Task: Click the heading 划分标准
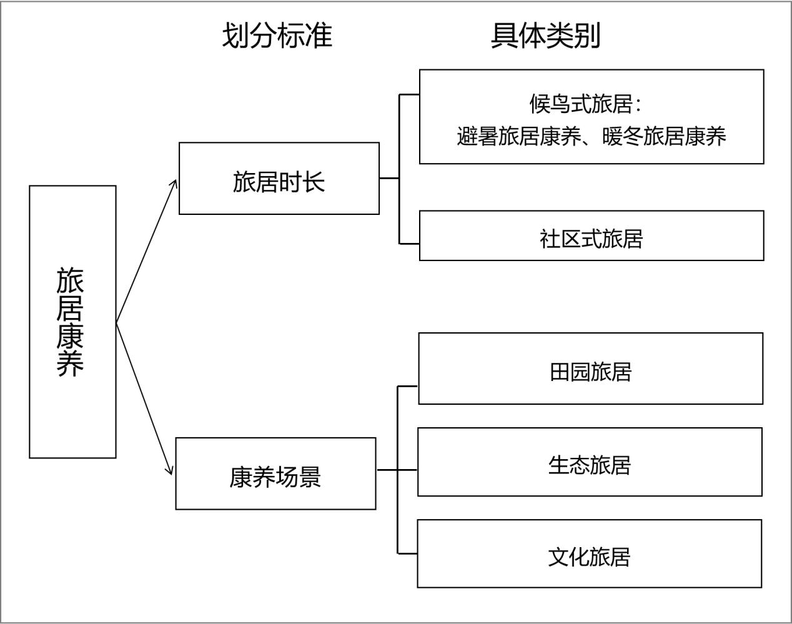[277, 36]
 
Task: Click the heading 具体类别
[546, 36]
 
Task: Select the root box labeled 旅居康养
[72, 322]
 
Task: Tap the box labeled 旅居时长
[279, 178]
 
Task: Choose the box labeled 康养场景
[275, 473]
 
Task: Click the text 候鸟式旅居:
[586, 104]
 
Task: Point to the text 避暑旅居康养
[519, 136]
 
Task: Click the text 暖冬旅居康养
[664, 136]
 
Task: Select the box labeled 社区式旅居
[592, 235]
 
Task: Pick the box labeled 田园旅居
[591, 369]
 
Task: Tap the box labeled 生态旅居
[590, 462]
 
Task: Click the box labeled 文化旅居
[589, 553]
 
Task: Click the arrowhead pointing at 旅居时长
[174, 184]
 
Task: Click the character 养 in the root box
[70, 364]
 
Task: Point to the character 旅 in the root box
[70, 280]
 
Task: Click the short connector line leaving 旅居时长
[389, 178]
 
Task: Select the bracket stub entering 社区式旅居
[409, 244]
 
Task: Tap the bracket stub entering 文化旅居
[407, 553]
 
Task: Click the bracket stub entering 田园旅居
[407, 387]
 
